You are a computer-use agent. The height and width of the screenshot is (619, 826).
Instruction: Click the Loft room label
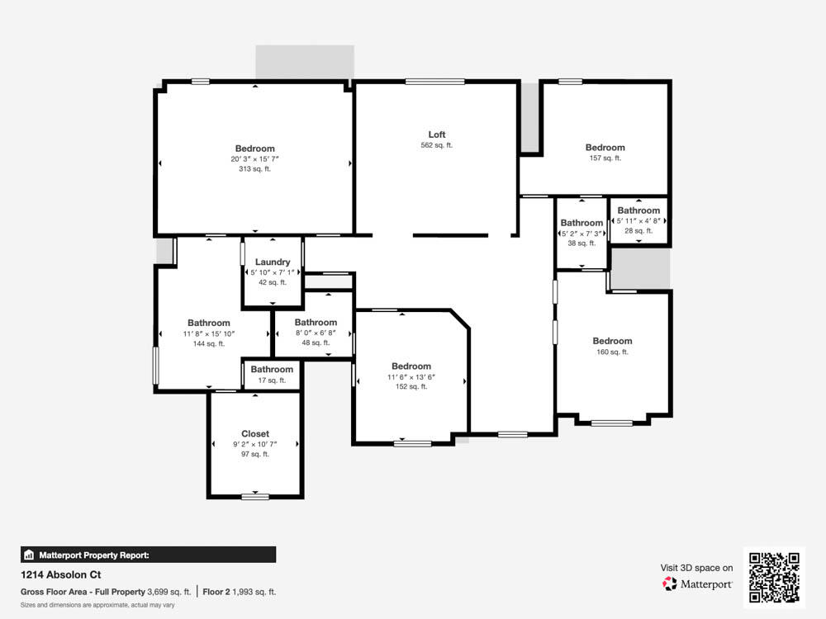pyautogui.click(x=437, y=135)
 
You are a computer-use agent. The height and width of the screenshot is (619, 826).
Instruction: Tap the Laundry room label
pyautogui.click(x=273, y=262)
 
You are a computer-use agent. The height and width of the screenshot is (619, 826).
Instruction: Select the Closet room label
pyautogui.click(x=255, y=434)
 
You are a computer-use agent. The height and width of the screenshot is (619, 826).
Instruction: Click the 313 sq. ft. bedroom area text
pyautogui.click(x=254, y=169)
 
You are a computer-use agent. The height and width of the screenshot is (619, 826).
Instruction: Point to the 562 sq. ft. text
pyautogui.click(x=437, y=145)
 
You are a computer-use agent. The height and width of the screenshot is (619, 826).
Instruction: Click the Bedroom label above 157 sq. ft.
pyautogui.click(x=605, y=148)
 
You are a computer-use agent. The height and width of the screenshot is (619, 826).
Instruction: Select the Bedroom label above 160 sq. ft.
pyautogui.click(x=612, y=341)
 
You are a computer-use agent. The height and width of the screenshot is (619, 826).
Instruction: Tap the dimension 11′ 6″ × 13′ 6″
pyautogui.click(x=411, y=377)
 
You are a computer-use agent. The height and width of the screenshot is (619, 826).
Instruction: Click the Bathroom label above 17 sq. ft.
pyautogui.click(x=272, y=370)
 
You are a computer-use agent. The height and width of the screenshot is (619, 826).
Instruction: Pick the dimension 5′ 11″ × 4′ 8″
pyautogui.click(x=638, y=221)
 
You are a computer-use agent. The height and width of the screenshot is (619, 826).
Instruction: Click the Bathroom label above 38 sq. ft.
pyautogui.click(x=582, y=223)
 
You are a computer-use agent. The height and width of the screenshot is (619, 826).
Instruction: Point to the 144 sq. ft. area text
pyautogui.click(x=209, y=343)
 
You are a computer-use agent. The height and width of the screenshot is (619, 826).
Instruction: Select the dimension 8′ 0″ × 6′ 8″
pyautogui.click(x=316, y=333)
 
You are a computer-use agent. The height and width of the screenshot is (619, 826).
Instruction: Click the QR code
pyautogui.click(x=775, y=578)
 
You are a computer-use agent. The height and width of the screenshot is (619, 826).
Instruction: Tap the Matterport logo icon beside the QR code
pyautogui.click(x=670, y=584)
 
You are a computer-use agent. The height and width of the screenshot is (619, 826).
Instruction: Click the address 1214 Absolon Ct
pyautogui.click(x=60, y=574)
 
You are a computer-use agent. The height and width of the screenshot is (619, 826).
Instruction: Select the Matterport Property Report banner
pyautogui.click(x=148, y=555)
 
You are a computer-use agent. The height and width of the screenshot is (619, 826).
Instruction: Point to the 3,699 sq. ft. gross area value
pyautogui.click(x=169, y=592)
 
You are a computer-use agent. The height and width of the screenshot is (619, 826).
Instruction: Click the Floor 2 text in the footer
pyautogui.click(x=216, y=592)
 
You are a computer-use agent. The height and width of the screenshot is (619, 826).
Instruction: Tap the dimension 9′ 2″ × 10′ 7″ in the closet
pyautogui.click(x=255, y=444)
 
